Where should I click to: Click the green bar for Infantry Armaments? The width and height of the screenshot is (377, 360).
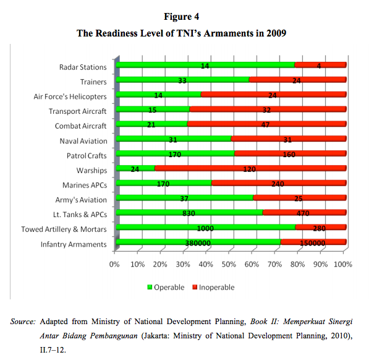[197, 242]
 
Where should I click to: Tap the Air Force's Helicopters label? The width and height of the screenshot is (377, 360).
[70, 96]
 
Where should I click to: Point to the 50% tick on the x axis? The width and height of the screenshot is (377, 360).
[228, 264]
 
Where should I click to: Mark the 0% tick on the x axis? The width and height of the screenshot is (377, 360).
[114, 264]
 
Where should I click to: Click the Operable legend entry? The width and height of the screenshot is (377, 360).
[165, 287]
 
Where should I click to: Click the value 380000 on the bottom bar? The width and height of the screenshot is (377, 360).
[198, 243]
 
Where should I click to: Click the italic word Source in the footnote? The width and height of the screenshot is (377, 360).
[23, 322]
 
